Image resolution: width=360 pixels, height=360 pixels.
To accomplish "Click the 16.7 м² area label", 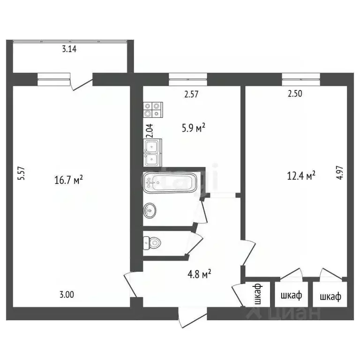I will coord(69,179).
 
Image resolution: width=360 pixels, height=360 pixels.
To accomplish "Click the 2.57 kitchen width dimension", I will coord(192,93).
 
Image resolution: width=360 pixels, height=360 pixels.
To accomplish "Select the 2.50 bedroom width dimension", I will coord(294,93).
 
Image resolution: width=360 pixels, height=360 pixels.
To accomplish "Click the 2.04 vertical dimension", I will coord(149,129).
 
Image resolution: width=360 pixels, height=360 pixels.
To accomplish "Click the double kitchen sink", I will coord(153,153).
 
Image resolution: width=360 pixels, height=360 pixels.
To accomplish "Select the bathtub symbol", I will coord(168,182).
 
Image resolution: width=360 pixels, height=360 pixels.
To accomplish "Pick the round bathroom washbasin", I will coord(150,210).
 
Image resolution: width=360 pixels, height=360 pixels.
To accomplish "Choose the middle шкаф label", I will coord(291,296).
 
